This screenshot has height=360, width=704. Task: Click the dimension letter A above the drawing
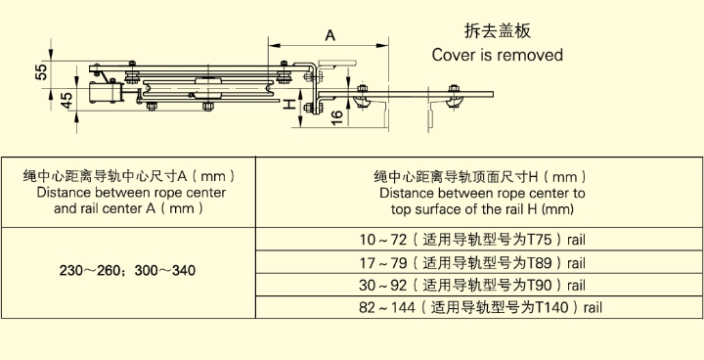[330, 35]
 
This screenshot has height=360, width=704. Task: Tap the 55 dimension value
[41, 72]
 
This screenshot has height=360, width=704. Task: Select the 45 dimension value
[66, 100]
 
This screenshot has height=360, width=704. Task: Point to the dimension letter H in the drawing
[289, 106]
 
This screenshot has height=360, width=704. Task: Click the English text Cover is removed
[497, 55]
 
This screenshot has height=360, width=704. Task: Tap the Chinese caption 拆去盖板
[497, 31]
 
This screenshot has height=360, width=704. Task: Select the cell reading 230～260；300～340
[127, 271]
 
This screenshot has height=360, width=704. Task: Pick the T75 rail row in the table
[472, 240]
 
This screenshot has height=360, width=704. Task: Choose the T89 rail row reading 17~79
[472, 262]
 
